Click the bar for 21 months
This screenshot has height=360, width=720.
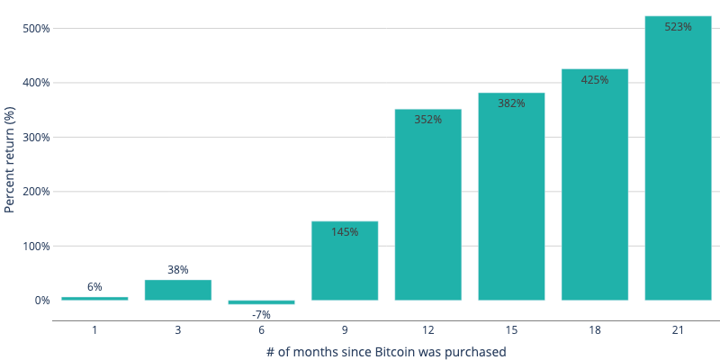[678, 162]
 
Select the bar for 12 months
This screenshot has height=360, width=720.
[427, 207]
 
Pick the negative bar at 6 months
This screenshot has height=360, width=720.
[261, 302]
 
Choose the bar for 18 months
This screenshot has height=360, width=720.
[595, 189]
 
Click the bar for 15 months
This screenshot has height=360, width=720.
[511, 198]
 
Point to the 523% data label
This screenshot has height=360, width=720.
[678, 27]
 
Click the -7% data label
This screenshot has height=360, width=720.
[261, 315]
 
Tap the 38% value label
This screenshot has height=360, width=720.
[178, 270]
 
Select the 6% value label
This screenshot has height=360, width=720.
[94, 287]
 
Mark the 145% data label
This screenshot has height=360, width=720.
[345, 232]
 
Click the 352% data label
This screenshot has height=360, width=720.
[427, 120]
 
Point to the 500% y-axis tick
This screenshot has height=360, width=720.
[36, 28]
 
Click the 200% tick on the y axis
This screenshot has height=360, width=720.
[36, 192]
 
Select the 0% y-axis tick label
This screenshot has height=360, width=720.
[42, 301]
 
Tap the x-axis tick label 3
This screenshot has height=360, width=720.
[178, 330]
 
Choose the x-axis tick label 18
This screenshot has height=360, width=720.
[595, 330]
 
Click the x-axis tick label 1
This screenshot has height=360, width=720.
[94, 330]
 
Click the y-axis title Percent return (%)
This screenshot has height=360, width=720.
[10, 159]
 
